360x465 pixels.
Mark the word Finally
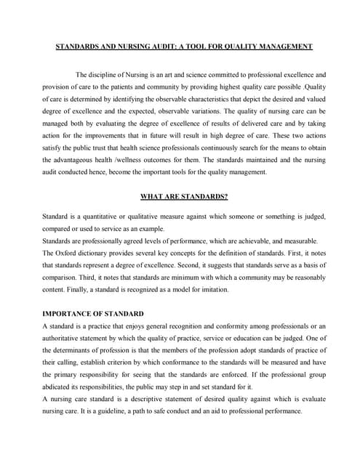click(72, 289)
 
